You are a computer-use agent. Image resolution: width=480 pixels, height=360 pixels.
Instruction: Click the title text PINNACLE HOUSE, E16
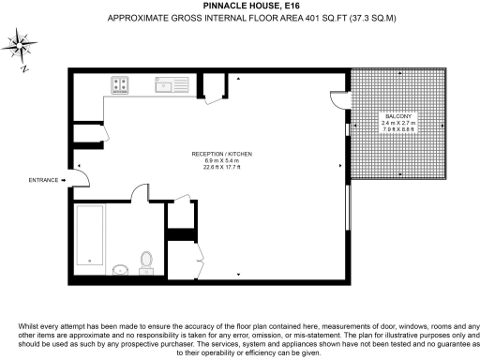(239, 7)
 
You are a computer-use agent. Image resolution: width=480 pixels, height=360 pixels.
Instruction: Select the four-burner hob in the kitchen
(121, 84)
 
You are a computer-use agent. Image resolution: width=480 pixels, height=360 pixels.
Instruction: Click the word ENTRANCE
(43, 179)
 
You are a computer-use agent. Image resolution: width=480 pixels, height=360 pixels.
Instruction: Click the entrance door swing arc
(82, 173)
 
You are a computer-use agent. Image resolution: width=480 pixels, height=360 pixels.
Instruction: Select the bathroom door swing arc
(140, 193)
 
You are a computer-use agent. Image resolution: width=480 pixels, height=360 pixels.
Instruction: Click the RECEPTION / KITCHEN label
(223, 153)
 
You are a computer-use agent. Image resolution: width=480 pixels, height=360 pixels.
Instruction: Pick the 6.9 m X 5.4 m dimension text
(223, 161)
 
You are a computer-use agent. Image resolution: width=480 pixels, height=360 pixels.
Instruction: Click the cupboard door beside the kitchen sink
(216, 91)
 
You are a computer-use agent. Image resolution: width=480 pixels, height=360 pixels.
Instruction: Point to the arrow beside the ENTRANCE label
(64, 179)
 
